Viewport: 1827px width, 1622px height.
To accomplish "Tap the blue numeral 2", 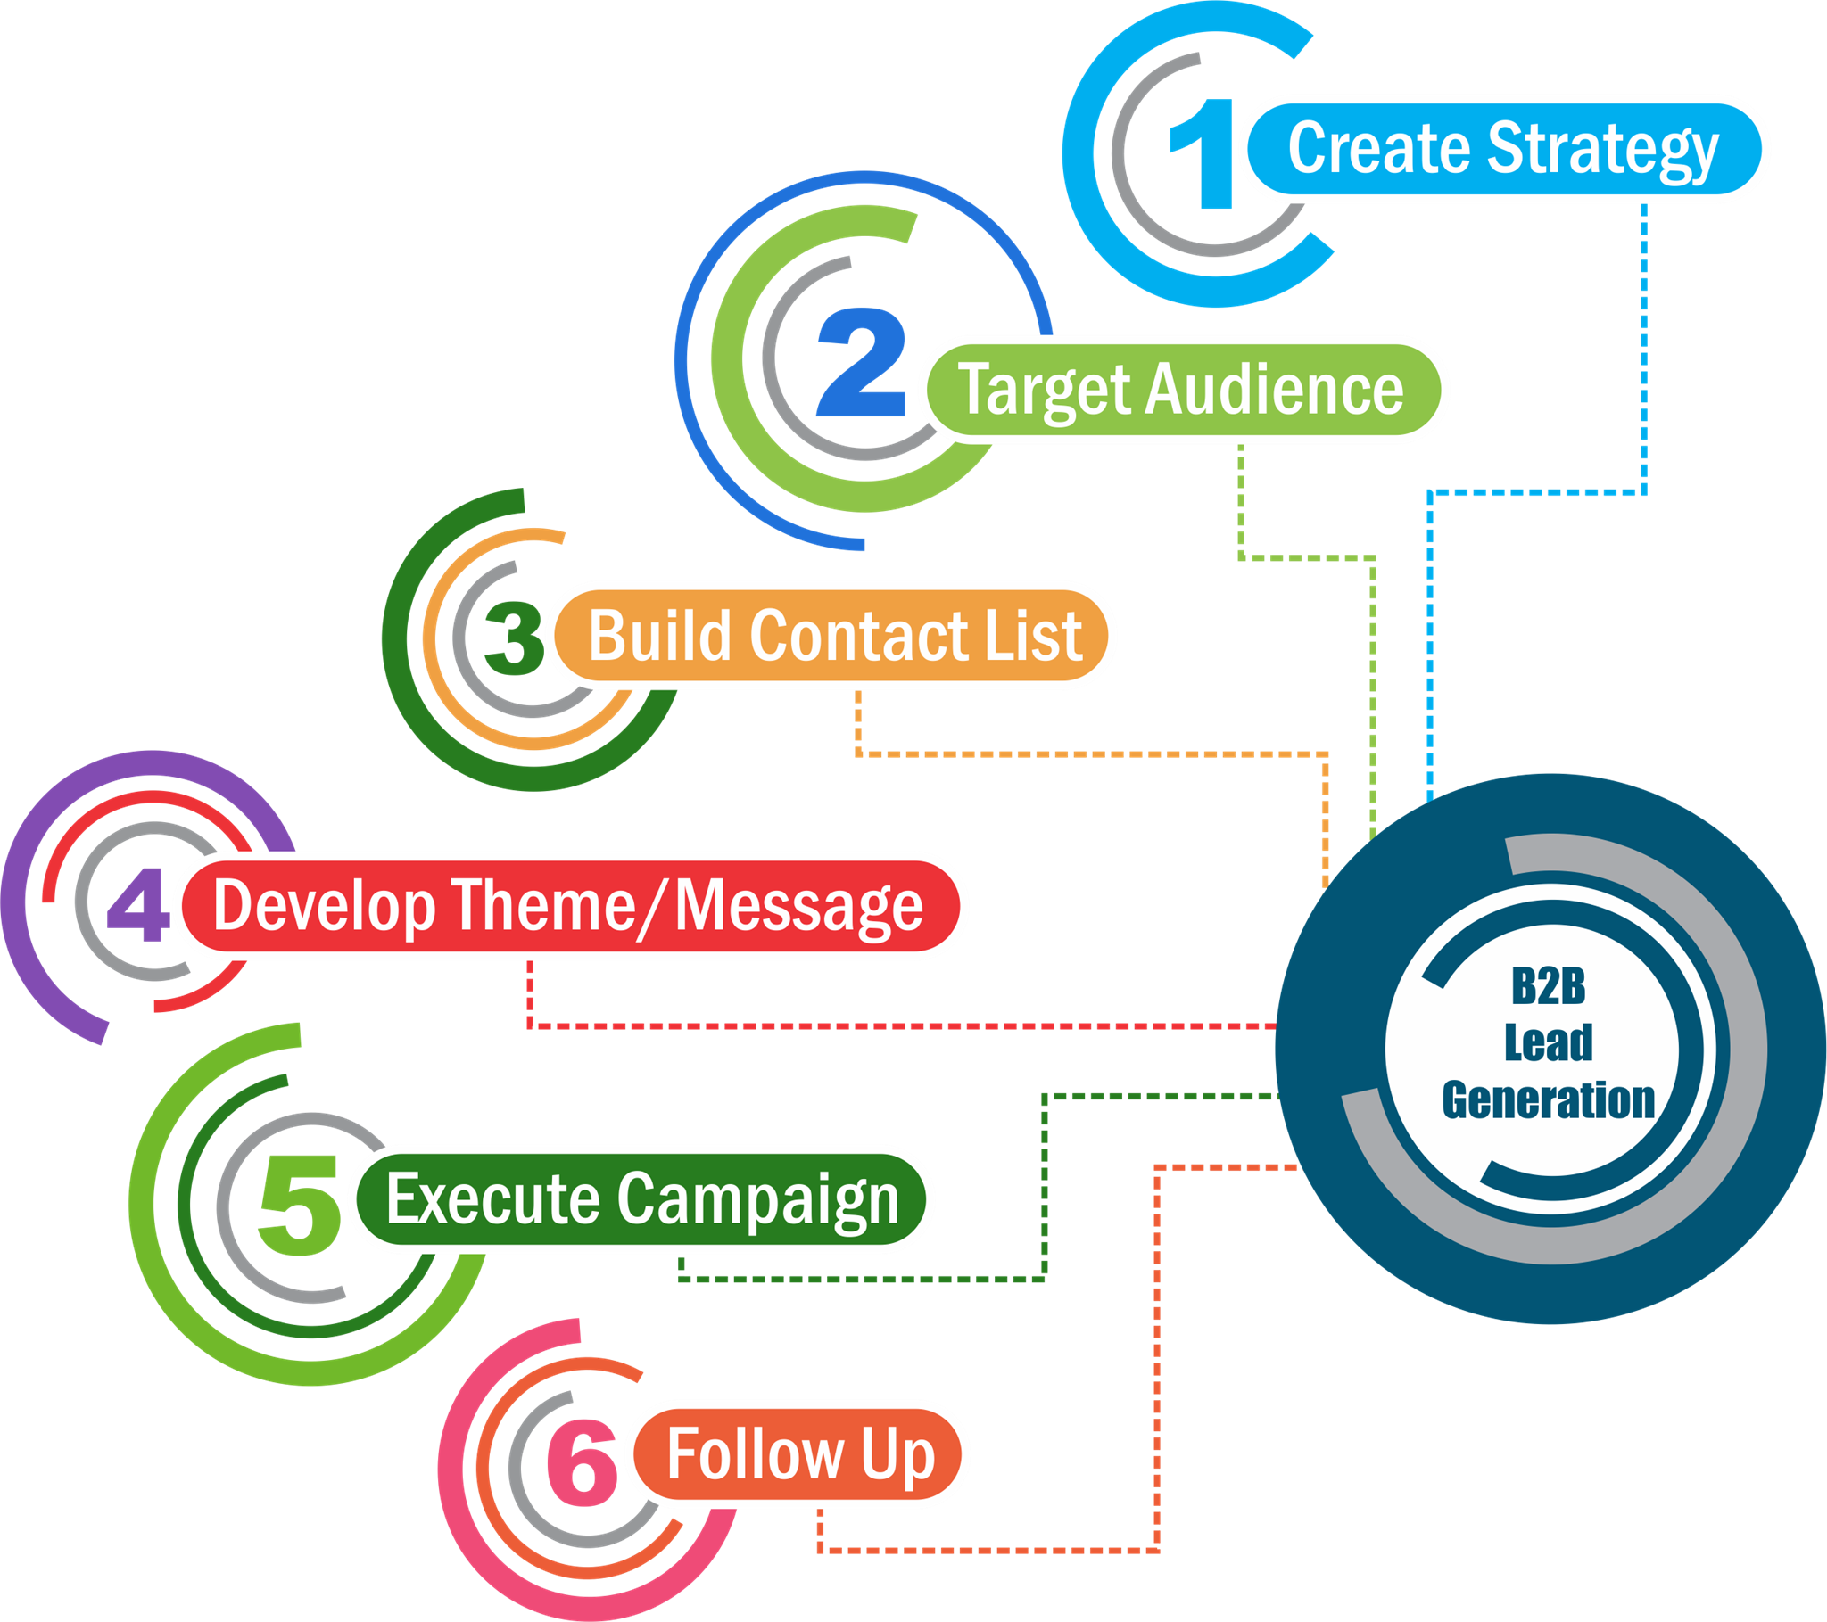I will point(862,362).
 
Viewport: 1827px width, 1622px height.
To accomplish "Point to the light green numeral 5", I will point(299,1205).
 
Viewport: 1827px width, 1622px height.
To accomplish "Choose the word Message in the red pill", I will point(798,906).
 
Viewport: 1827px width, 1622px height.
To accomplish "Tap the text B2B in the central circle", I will point(1548,986).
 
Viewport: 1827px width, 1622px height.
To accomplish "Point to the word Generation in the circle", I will point(1548,1099).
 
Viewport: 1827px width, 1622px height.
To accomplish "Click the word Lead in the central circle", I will point(1548,1043).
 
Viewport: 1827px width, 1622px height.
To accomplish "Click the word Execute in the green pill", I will point(492,1199).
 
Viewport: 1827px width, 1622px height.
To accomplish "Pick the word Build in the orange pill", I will point(660,636).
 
